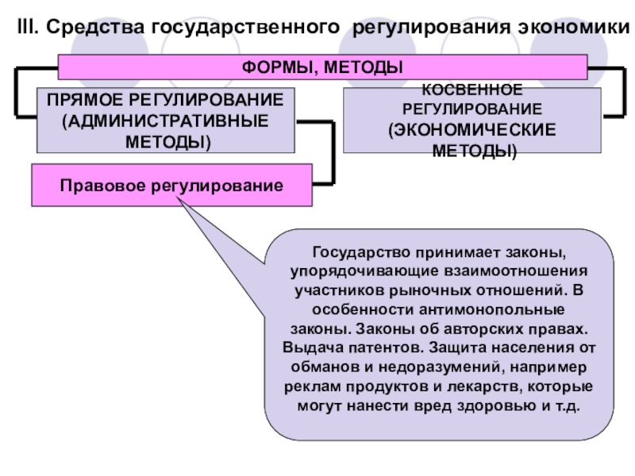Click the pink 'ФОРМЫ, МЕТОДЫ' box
click(321, 67)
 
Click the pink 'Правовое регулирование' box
click(171, 186)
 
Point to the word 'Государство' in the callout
click(355, 253)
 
